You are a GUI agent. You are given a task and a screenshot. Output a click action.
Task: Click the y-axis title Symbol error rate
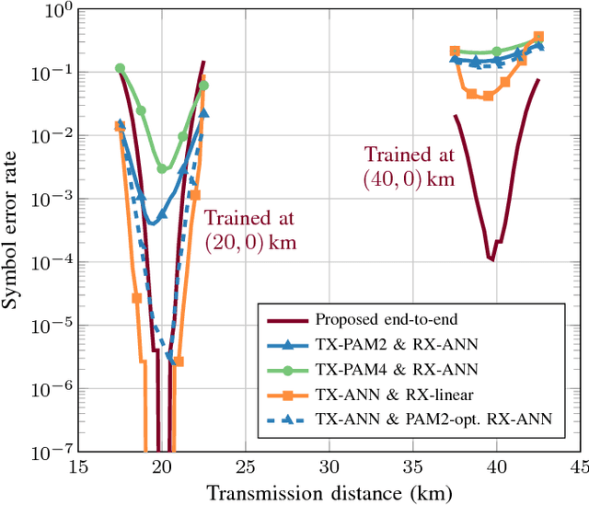pos(16,230)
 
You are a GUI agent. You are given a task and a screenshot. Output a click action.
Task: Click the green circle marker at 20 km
pos(162,168)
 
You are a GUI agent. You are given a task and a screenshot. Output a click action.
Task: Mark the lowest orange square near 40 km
pos(489,96)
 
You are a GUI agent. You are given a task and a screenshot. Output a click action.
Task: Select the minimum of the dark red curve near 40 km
pos(491,259)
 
